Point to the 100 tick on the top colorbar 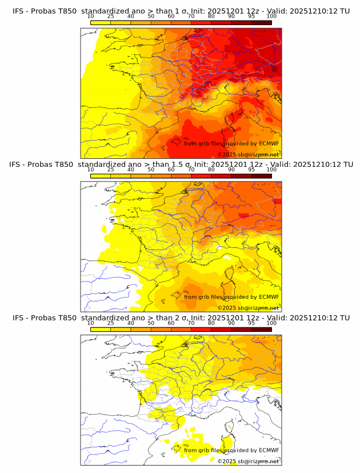[271, 17]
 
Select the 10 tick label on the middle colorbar [91, 170]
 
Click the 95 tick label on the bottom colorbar [251, 323]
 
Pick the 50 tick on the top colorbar [151, 17]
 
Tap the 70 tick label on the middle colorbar [191, 170]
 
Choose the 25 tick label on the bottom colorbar [111, 323]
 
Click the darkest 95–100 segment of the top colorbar [261, 22]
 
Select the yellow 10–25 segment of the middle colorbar [101, 175]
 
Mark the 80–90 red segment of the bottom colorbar [221, 328]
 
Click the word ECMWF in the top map [269, 144]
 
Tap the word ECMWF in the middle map [269, 297]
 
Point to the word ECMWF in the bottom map [269, 450]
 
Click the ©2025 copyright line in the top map [248, 155]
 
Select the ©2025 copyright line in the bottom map [248, 461]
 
